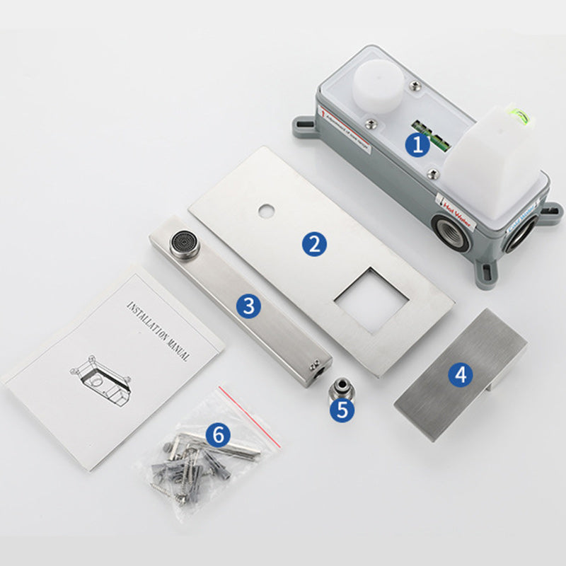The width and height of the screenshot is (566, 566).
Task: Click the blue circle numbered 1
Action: pyautogui.click(x=417, y=146)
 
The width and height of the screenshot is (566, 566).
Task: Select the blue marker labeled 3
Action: pyautogui.click(x=248, y=306)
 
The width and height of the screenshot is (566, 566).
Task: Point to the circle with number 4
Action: pyautogui.click(x=461, y=374)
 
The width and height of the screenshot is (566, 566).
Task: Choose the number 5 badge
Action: pyautogui.click(x=342, y=411)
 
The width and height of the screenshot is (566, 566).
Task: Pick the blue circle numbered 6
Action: pyautogui.click(x=217, y=434)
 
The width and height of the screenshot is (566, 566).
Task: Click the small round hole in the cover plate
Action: pyautogui.click(x=267, y=210)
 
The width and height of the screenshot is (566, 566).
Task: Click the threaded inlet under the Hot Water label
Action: pyautogui.click(x=451, y=234)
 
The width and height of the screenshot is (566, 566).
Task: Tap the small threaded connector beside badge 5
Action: pyautogui.click(x=342, y=388)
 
